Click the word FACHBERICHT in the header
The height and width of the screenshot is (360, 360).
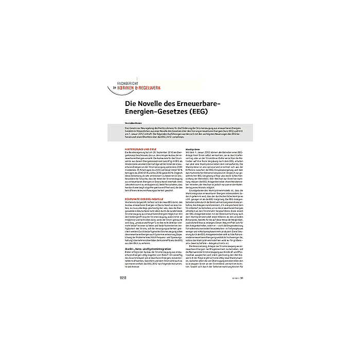133,83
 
